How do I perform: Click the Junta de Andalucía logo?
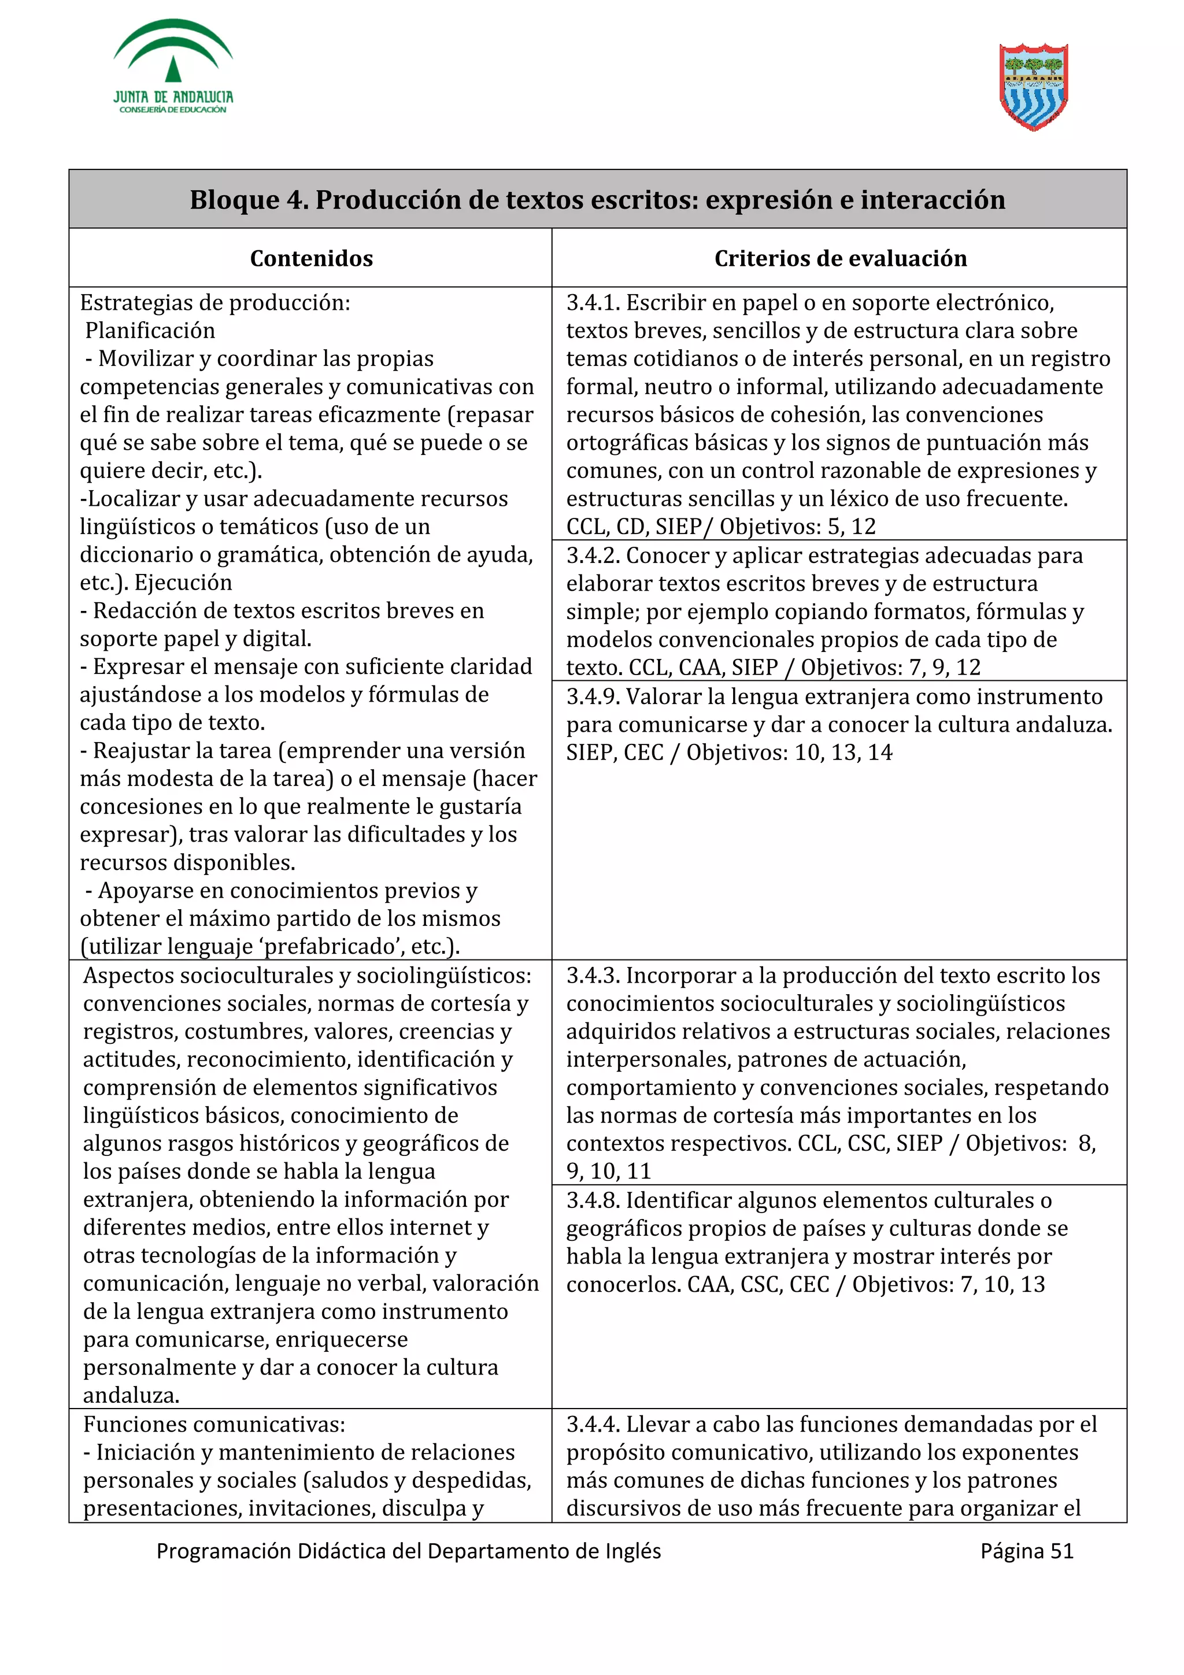(173, 67)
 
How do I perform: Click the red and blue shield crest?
(1034, 87)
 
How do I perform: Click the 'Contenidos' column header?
(311, 258)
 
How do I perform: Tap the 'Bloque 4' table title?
(597, 199)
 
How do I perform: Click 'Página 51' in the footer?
(1026, 1550)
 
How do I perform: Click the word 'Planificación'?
(150, 331)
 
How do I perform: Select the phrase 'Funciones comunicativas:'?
(214, 1424)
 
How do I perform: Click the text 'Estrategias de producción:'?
(214, 303)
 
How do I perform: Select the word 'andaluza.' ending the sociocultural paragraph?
(131, 1396)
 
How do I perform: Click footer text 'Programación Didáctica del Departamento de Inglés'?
(409, 1550)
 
